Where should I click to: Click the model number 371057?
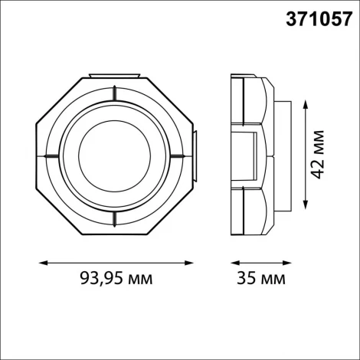(315, 17)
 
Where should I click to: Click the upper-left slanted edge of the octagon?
(61, 99)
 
